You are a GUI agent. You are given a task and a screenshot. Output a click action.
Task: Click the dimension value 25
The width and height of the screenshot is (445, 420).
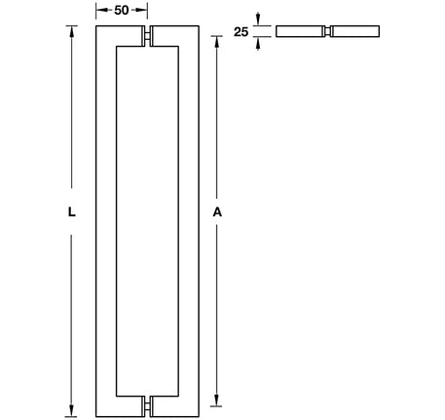(x=240, y=32)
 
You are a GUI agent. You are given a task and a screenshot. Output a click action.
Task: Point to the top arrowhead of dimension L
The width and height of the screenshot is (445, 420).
(x=72, y=29)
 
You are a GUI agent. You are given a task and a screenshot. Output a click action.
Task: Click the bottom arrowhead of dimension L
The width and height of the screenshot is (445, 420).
(x=72, y=409)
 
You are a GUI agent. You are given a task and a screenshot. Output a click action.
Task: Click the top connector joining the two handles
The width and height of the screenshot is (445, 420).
(x=148, y=38)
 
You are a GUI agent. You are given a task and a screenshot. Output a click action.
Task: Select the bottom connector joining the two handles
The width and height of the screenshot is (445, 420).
(x=148, y=401)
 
